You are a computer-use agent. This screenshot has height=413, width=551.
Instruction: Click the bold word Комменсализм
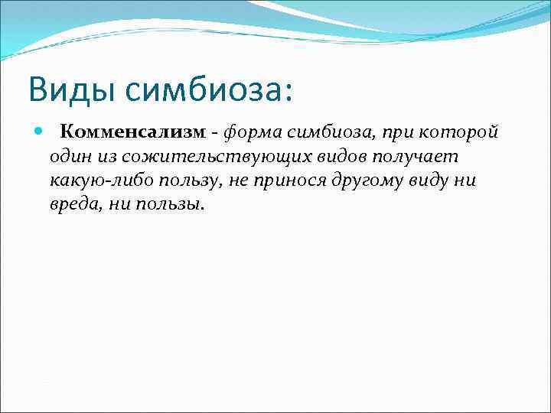132,132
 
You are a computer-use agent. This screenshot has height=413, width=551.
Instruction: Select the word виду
429,181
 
